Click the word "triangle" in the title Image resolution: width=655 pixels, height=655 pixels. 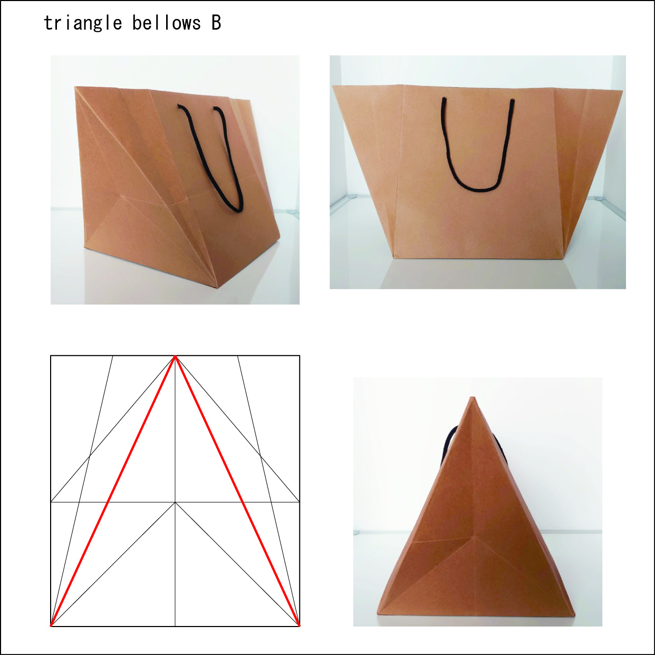click(83, 23)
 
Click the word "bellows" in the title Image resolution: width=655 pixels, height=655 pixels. click(167, 23)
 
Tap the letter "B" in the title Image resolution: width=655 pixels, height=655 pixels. click(216, 23)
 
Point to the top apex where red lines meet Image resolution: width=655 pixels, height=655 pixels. click(175, 356)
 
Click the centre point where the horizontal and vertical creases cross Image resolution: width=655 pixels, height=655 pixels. click(175, 502)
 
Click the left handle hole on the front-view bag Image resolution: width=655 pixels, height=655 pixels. click(443, 100)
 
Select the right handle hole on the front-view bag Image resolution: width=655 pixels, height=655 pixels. click(512, 101)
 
